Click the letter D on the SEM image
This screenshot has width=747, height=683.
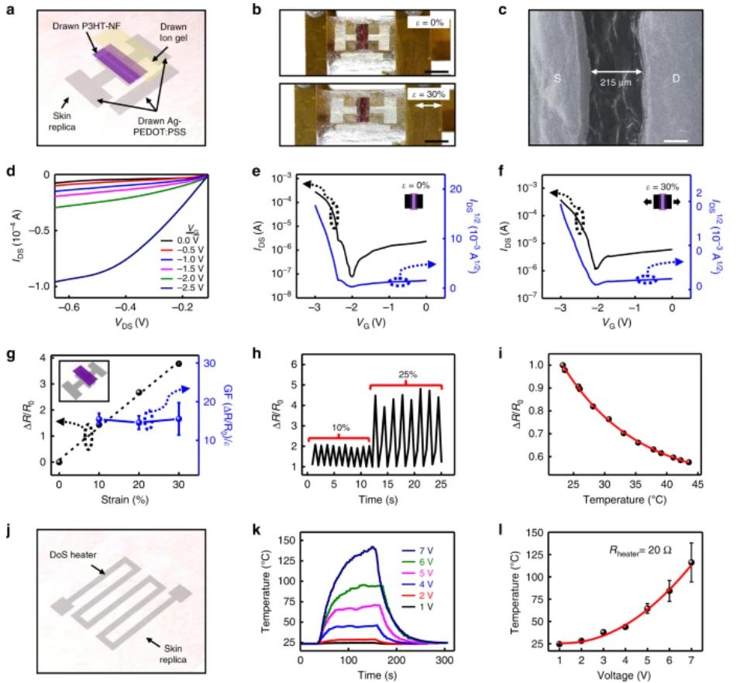pos(673,77)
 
